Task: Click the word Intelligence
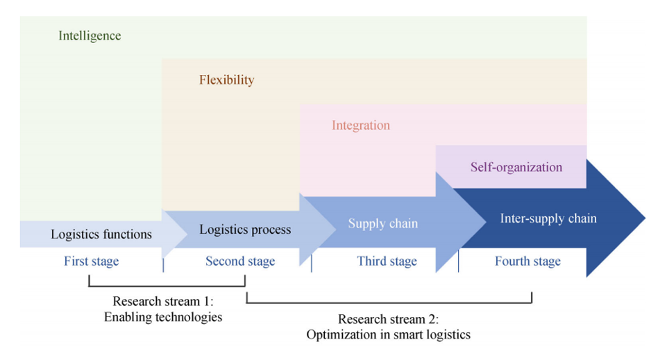point(90,35)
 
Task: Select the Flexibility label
point(226,80)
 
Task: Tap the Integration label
point(360,126)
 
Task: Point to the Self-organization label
point(516,167)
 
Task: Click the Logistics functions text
point(101,234)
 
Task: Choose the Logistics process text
point(245,229)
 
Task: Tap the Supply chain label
point(382,223)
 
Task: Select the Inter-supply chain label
point(548,218)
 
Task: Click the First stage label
point(91,262)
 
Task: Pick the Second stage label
point(240,262)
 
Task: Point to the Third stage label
point(387,262)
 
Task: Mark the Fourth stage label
point(527,262)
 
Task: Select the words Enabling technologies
point(163,317)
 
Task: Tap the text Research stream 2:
point(389,320)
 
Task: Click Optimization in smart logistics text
point(389,335)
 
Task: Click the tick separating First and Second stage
point(163,265)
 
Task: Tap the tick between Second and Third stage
point(311,264)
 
